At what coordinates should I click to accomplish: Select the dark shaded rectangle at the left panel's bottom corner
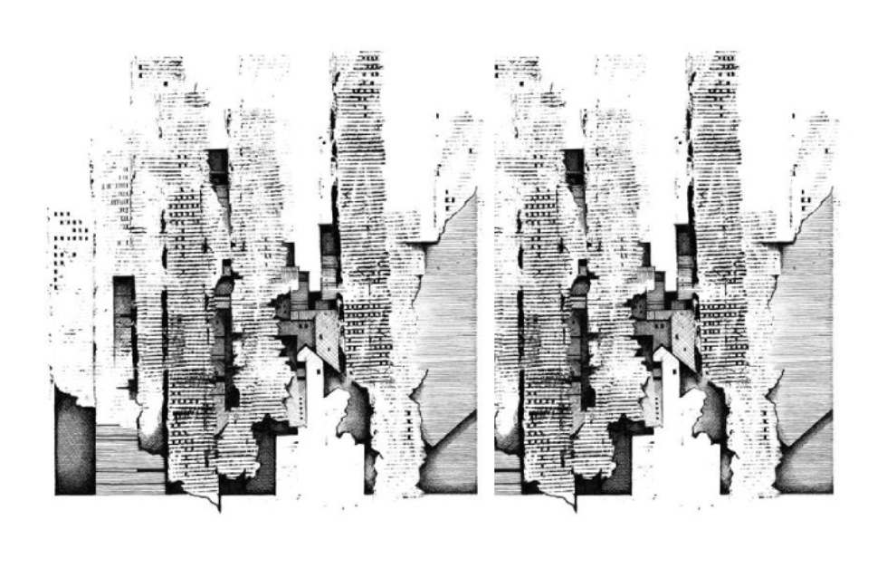coord(74,444)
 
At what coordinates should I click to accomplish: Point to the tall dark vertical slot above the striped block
coord(124,326)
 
